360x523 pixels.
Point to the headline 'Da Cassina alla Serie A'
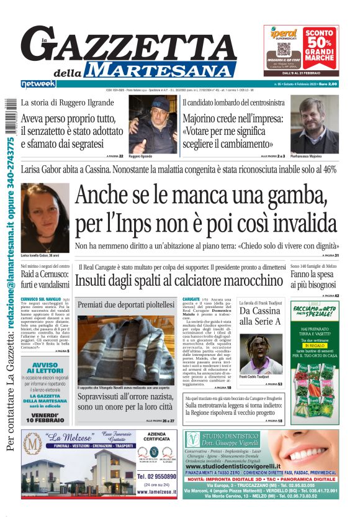[260, 316]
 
